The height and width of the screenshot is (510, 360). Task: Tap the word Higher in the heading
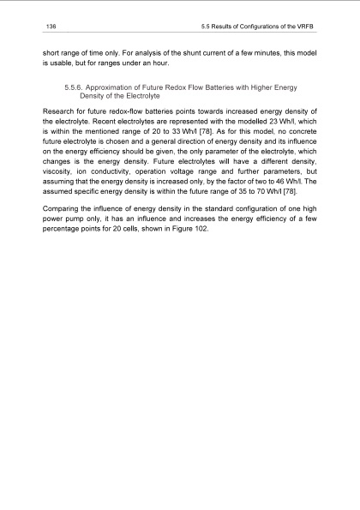pyautogui.click(x=279, y=88)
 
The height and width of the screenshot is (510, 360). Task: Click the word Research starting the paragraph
pyautogui.click(x=61, y=111)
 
